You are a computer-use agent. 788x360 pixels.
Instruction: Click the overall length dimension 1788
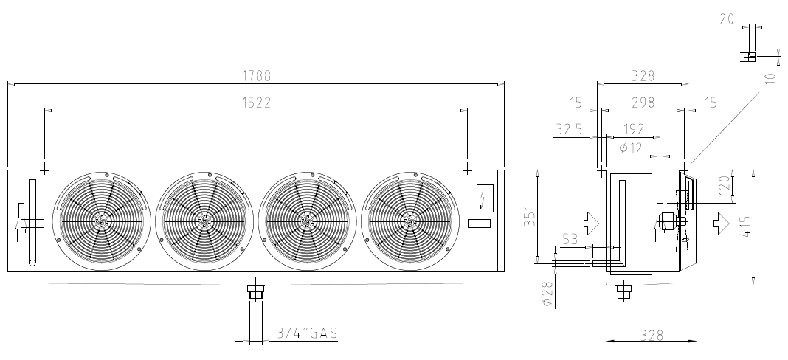click(256, 76)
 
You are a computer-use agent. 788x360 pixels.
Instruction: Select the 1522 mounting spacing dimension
click(256, 103)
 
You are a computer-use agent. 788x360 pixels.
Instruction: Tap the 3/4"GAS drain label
click(307, 333)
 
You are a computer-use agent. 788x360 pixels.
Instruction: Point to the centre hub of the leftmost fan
click(101, 221)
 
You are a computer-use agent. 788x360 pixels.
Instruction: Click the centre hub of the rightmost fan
click(409, 221)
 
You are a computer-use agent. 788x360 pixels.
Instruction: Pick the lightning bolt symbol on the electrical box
click(483, 197)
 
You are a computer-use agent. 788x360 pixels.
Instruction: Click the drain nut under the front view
click(256, 291)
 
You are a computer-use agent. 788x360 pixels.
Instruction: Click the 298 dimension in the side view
click(643, 103)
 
